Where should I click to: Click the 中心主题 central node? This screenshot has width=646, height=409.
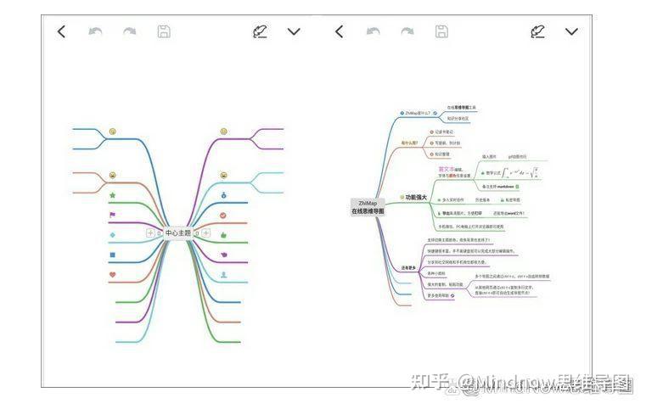[x=178, y=233]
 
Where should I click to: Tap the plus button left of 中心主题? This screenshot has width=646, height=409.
[x=150, y=233]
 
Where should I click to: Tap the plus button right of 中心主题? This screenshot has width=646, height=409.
[x=205, y=233]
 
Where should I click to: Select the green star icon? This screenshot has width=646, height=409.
[x=112, y=195]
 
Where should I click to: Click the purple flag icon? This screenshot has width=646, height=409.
[x=112, y=215]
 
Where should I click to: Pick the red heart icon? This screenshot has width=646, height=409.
[x=112, y=274]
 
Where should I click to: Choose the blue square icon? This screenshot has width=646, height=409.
[x=112, y=255]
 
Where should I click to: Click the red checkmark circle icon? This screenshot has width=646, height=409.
[x=224, y=215]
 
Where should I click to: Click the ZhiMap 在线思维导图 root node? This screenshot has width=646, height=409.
[x=368, y=207]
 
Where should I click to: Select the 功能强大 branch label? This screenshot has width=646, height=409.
[x=416, y=197]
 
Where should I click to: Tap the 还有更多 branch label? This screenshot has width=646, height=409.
[x=409, y=268]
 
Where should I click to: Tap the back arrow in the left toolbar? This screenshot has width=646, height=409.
[x=61, y=31]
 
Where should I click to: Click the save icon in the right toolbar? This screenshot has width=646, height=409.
[x=441, y=31]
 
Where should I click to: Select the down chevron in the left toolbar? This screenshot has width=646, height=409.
[x=294, y=31]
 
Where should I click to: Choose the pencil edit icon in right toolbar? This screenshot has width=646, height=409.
[x=537, y=31]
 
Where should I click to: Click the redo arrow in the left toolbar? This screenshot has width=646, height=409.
[x=129, y=31]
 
